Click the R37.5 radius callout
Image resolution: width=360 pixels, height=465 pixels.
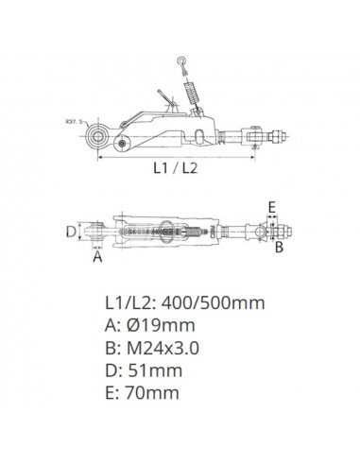click(73, 121)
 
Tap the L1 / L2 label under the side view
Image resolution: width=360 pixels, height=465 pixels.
click(176, 168)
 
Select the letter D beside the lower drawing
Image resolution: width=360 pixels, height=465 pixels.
click(71, 232)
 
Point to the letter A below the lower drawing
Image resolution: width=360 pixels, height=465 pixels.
click(97, 256)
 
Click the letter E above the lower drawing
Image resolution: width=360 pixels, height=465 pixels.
click(272, 208)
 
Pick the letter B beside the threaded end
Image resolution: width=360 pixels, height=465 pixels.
click(279, 247)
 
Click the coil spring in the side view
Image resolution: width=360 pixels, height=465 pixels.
click(193, 92)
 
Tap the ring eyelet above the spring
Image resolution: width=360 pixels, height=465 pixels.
click(181, 60)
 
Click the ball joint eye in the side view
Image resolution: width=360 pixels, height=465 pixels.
click(97, 136)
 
